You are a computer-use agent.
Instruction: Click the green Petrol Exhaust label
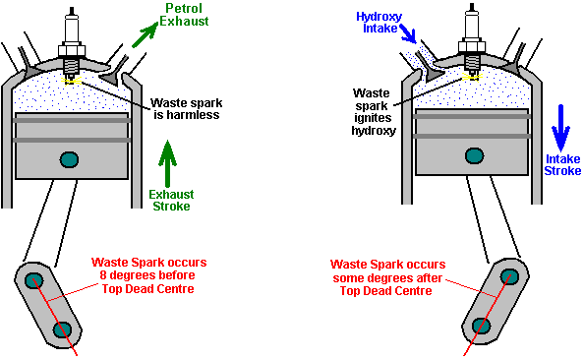click(184, 15)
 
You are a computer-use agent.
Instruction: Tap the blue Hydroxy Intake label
click(380, 23)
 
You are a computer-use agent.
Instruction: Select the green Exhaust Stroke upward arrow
click(167, 163)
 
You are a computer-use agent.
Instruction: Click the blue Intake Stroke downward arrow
click(560, 128)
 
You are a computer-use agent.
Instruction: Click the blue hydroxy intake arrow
click(408, 33)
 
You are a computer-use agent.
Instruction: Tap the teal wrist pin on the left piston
click(69, 159)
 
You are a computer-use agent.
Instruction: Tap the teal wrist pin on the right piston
click(475, 155)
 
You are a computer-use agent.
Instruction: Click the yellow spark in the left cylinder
click(71, 81)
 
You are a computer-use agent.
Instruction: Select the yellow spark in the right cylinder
click(472, 77)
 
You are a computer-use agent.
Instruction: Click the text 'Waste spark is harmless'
click(186, 108)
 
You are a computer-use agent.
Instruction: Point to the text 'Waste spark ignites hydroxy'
click(373, 112)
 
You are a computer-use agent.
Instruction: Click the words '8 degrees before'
click(147, 275)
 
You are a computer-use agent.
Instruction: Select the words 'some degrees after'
click(387, 278)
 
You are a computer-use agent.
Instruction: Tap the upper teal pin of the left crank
click(33, 280)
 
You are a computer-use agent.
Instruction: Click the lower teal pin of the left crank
click(62, 330)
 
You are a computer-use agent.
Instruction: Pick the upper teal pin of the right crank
click(509, 276)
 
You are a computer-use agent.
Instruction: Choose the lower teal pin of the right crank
click(481, 326)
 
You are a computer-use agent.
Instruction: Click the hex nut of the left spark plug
click(72, 51)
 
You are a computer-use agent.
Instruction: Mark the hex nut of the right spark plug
click(472, 47)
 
